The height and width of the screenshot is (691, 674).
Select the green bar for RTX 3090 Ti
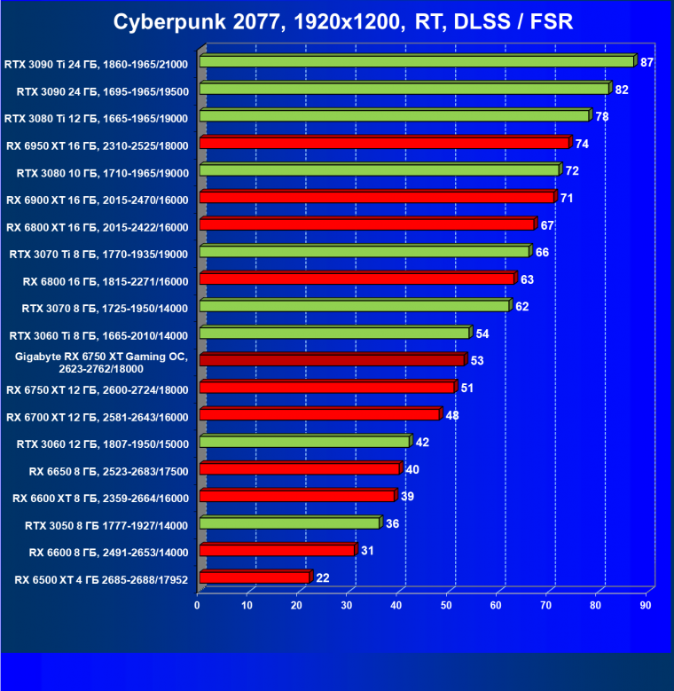(x=417, y=62)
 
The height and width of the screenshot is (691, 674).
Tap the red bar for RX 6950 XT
(x=384, y=143)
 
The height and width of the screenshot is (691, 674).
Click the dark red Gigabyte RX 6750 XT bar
(x=332, y=360)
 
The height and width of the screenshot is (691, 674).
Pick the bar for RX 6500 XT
(x=255, y=577)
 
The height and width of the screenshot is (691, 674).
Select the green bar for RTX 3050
(x=290, y=523)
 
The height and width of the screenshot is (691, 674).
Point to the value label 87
(x=647, y=62)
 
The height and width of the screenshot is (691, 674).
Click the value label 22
(x=322, y=578)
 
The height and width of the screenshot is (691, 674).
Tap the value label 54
(x=482, y=334)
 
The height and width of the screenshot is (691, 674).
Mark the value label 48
(x=451, y=415)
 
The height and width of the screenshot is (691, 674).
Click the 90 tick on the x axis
(x=645, y=605)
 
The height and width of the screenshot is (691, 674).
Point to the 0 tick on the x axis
(x=198, y=605)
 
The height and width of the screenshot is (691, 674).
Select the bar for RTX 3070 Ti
(x=364, y=252)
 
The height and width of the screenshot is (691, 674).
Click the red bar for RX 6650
(x=300, y=468)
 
